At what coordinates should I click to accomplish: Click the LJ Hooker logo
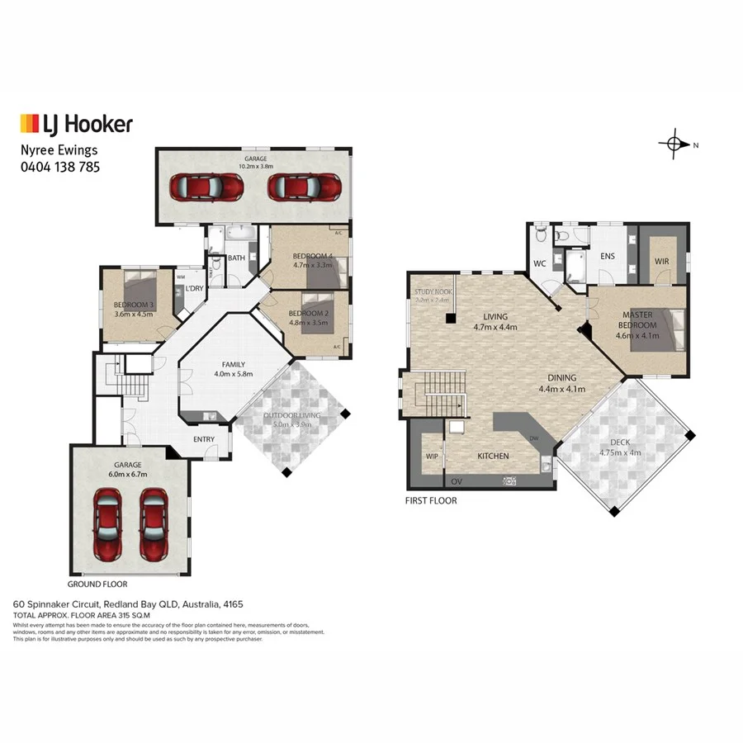point(76,125)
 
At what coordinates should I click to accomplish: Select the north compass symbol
point(674,144)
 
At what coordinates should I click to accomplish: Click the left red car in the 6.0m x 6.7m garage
point(108,522)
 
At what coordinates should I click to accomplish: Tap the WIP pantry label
point(430,456)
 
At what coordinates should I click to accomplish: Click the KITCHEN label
point(493,456)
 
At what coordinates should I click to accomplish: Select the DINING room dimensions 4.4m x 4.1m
point(561,389)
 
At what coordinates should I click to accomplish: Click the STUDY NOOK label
point(433,291)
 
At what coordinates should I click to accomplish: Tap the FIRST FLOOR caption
point(431,500)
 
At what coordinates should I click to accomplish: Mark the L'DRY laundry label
point(194,288)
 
